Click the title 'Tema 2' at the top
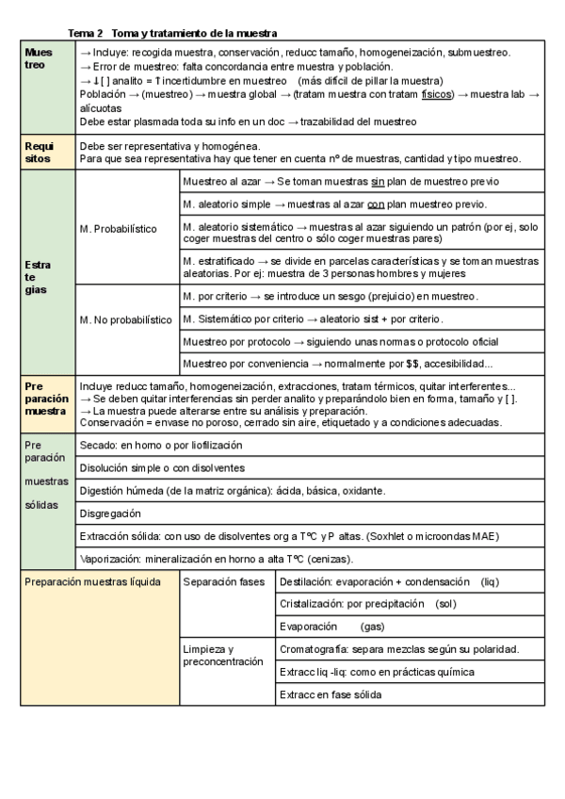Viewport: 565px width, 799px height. point(88,33)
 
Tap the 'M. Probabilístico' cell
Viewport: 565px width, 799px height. point(118,229)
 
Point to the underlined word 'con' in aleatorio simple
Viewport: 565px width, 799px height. point(376,203)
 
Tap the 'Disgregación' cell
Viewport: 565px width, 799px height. point(110,514)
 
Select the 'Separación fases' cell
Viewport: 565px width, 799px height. point(224,581)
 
